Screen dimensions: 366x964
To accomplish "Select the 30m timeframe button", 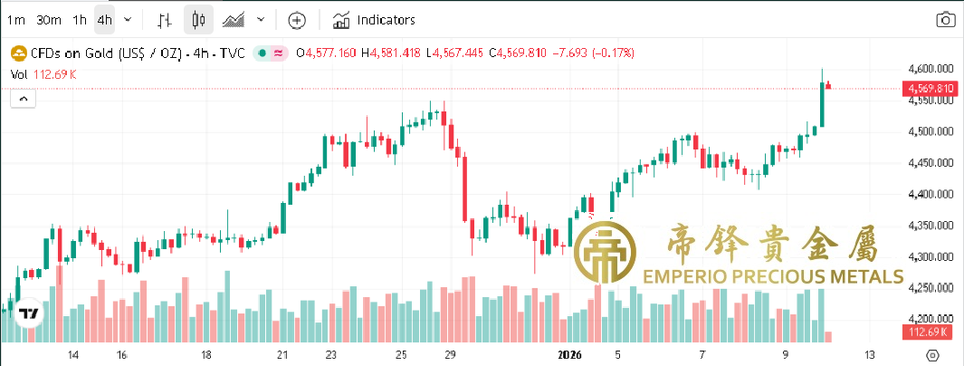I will coord(48,19).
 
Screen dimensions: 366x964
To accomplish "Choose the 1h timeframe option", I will coord(81,19).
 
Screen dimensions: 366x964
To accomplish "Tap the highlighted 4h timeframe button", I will coord(105,19).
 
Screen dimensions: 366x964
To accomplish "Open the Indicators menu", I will coord(374,19).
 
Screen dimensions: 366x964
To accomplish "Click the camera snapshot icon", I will coord(945,19).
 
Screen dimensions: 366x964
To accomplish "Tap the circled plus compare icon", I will coord(297,19).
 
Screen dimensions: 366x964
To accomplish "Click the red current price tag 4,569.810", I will coord(927,89).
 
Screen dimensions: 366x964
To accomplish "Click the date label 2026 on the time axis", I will coord(569,354).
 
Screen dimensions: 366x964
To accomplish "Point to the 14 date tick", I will coord(73,354).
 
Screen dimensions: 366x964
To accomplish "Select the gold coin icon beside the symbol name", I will coord(16,53).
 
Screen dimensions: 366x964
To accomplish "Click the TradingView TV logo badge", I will coord(29,313).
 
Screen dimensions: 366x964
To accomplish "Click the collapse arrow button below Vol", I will coord(23,99).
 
